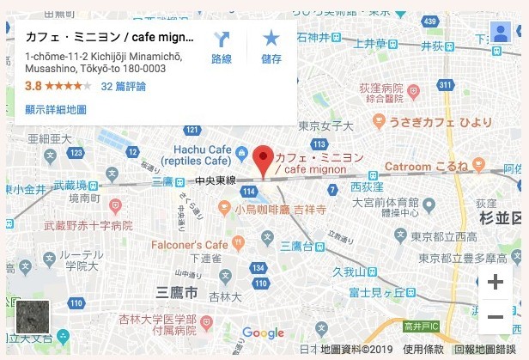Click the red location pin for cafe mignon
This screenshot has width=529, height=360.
264,158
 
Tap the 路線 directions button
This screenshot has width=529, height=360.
222,47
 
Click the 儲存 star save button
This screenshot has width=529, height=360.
271,47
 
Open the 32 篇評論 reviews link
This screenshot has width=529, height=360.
123,86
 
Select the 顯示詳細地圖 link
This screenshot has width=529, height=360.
56,109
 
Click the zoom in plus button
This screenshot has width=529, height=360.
496,282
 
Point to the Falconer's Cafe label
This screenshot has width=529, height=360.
191,245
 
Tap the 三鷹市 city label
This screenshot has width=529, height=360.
172,292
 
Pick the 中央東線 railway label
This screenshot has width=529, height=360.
216,181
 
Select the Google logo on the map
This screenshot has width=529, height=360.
263,333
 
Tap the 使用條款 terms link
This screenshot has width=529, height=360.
423,351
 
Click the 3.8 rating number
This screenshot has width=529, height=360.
33,86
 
